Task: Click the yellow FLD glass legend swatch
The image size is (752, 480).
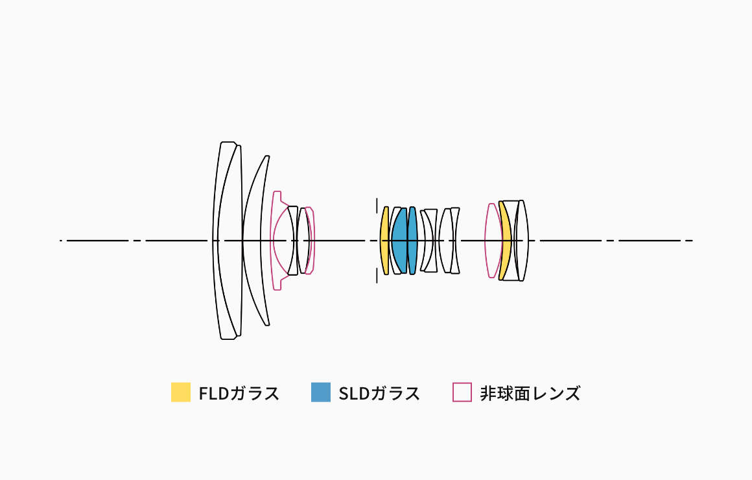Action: coord(181,392)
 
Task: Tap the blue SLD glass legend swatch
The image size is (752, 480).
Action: coord(321,392)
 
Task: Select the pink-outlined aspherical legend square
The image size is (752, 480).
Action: coord(462,392)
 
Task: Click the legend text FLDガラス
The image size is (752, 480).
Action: coord(239,393)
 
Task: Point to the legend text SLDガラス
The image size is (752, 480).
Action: coord(379,393)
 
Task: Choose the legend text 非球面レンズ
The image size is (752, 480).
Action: coord(530,393)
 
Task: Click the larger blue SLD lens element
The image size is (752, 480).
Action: coord(399,241)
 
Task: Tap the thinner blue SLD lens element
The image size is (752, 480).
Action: coord(412,241)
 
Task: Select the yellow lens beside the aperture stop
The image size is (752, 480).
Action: coord(385,241)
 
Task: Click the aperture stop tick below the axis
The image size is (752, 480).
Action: coord(377,276)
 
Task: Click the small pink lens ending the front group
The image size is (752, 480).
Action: coord(311,241)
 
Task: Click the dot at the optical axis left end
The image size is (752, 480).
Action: coord(61,241)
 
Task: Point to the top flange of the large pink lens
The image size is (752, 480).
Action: coord(277,194)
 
